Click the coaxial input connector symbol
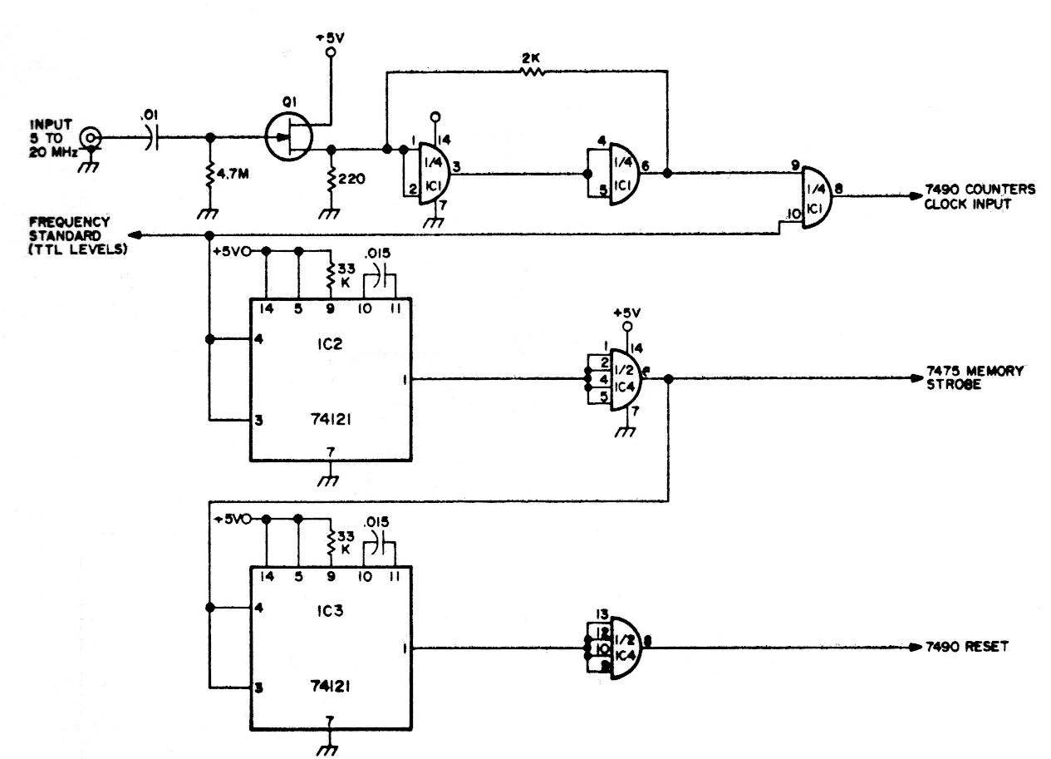coord(91,138)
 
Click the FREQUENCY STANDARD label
coord(71,235)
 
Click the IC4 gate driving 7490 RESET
coord(627,648)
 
